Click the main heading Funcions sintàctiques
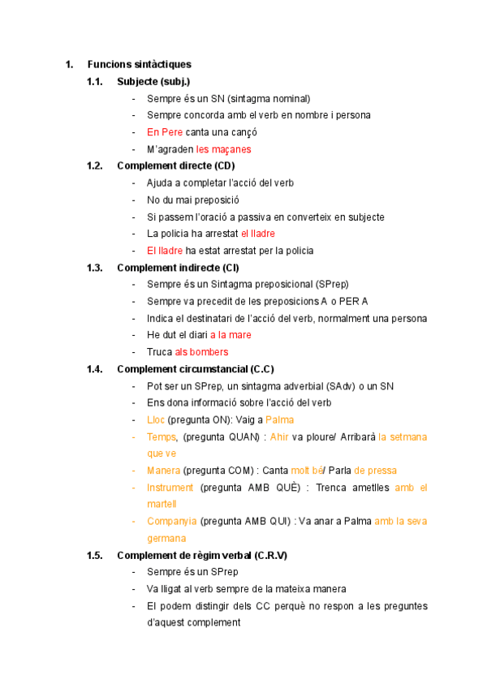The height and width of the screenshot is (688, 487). pos(140,65)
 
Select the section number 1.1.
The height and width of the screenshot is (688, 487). pos(95,82)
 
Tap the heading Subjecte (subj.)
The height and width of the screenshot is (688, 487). pos(153,82)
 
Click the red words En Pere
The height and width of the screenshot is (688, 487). pos(165,132)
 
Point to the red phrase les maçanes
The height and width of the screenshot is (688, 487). pos(224,149)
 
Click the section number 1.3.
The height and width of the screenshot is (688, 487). pos(95,268)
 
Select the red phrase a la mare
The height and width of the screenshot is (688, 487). pos(231,335)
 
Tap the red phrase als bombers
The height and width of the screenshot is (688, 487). pos(201,352)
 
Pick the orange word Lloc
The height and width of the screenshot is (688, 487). pos(156,419)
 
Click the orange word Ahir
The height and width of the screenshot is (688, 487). pos(279,436)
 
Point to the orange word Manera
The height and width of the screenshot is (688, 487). pos(163,471)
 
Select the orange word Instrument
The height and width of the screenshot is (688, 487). pos(170,488)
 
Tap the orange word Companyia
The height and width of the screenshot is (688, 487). pos(171,521)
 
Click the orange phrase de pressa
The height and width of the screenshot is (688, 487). pos(376,471)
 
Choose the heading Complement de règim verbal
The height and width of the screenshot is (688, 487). pos(202,556)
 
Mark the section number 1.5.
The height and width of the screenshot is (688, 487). pos(95,556)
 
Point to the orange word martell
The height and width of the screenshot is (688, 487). pos(162,504)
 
